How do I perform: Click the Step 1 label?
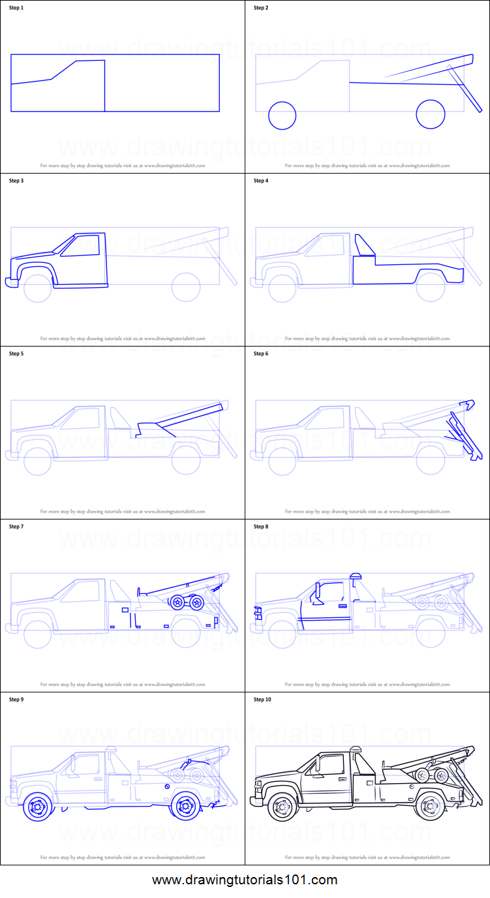(x=16, y=8)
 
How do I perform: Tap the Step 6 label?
(x=260, y=354)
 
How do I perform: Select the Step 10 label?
(x=262, y=700)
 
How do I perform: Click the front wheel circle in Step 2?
(x=282, y=116)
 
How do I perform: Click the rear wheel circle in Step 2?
(x=430, y=114)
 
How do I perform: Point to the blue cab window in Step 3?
(x=80, y=245)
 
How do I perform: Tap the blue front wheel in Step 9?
(x=37, y=807)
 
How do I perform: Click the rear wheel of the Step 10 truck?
(x=429, y=807)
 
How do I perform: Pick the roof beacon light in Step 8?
(x=355, y=576)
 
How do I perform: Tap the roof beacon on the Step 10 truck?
(x=355, y=749)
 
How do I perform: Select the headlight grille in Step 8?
(x=256, y=613)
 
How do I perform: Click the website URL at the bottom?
(x=245, y=880)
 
